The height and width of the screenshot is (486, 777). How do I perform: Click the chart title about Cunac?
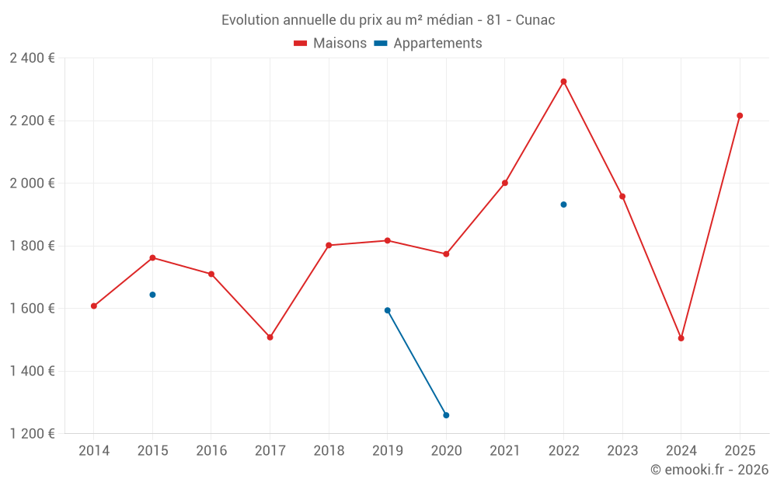click(x=388, y=19)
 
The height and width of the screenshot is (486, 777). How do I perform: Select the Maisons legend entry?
click(x=330, y=44)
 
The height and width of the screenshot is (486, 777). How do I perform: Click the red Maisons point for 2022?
click(x=563, y=82)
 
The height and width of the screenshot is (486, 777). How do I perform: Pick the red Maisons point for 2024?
click(x=681, y=338)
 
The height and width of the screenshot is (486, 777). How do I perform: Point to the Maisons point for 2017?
click(x=270, y=337)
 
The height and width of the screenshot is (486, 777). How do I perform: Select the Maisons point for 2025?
click(x=740, y=116)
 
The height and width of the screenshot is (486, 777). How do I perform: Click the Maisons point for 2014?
click(x=94, y=306)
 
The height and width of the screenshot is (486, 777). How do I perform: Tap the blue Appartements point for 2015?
click(x=152, y=295)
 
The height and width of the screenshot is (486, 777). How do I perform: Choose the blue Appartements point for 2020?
click(x=446, y=415)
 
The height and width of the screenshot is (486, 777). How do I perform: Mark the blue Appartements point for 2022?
click(x=563, y=205)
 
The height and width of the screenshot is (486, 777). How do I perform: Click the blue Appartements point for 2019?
click(x=387, y=310)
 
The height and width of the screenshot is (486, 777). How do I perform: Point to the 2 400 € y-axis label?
click(x=32, y=58)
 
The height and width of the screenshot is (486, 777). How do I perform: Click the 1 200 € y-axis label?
click(x=32, y=434)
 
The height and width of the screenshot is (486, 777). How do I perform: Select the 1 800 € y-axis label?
click(x=32, y=246)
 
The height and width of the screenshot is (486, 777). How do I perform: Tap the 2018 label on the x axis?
click(x=329, y=451)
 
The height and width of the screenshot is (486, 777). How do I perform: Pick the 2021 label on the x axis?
click(x=505, y=451)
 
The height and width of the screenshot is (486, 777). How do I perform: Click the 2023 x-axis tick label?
click(x=622, y=451)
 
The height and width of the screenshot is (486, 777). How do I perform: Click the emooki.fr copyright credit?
click(x=709, y=470)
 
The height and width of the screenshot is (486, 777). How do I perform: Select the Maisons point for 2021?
click(x=505, y=184)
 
